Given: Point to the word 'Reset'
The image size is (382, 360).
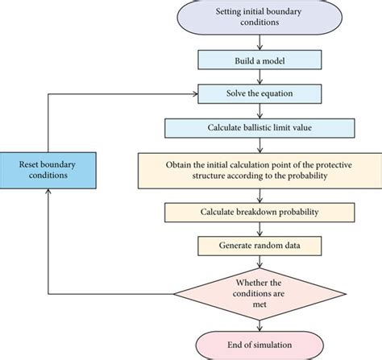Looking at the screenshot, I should tap(31, 163).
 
